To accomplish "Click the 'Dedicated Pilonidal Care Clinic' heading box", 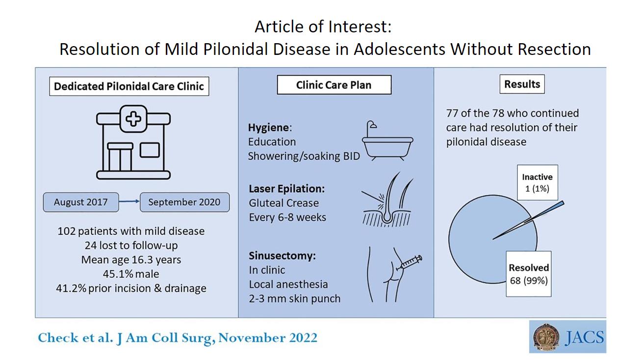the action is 129,86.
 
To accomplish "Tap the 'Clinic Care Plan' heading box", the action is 334,85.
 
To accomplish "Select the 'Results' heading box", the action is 522,84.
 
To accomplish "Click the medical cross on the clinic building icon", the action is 133,119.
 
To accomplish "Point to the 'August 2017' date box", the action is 81,203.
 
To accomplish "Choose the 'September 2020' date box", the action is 184,203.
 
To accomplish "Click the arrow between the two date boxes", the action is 129,202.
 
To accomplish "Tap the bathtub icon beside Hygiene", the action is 387,140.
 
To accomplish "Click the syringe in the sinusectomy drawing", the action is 409,263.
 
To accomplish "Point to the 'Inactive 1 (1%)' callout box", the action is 538,182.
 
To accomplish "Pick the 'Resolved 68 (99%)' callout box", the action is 529,274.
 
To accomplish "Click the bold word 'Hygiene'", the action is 269,128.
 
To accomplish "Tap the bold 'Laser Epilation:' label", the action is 287,189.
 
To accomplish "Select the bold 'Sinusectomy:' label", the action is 282,256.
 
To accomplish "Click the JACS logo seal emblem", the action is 546,337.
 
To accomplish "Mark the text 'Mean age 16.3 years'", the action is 131,259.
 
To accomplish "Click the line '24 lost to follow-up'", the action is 131,245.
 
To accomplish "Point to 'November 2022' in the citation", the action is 268,337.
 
